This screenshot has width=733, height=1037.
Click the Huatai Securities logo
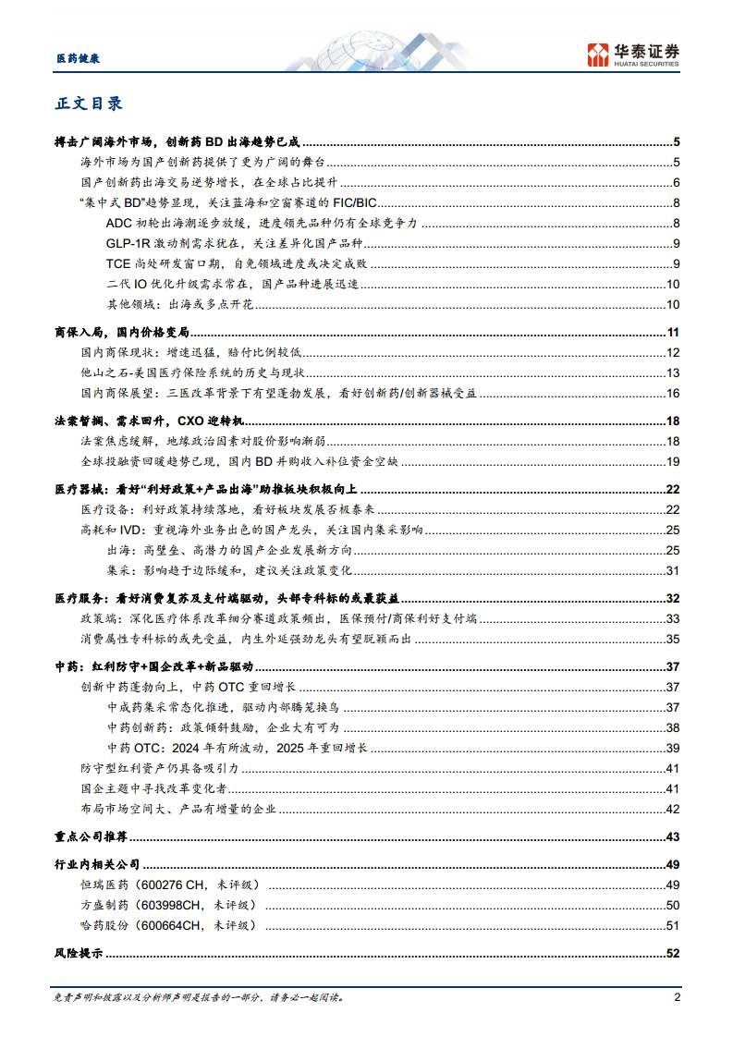(x=634, y=55)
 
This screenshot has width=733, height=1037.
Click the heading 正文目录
(x=88, y=104)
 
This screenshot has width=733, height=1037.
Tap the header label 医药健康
(x=73, y=58)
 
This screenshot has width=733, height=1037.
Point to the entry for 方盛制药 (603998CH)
(x=168, y=905)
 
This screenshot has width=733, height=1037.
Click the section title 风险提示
(x=79, y=954)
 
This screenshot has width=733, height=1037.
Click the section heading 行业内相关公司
(x=97, y=865)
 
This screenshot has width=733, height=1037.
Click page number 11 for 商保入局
(x=673, y=333)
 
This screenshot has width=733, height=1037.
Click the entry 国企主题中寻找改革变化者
(x=154, y=789)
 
